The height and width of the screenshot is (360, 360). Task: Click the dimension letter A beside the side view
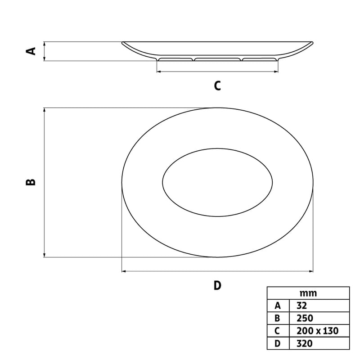[31, 51]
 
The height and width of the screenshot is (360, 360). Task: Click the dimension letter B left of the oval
[31, 182]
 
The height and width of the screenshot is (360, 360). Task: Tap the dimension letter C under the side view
[217, 85]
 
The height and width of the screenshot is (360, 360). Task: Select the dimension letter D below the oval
[217, 286]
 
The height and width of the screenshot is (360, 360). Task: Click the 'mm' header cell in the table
[308, 293]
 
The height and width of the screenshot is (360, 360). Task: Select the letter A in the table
[278, 306]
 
